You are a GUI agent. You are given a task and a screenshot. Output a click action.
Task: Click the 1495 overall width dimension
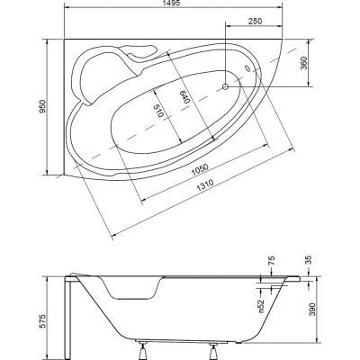[x=174, y=4]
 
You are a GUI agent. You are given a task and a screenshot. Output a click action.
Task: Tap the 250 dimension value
[x=256, y=22]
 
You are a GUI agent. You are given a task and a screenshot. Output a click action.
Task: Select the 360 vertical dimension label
[x=303, y=63]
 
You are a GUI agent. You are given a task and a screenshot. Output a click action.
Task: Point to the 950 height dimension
[x=42, y=106]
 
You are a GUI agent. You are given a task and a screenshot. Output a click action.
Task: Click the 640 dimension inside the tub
[x=184, y=97]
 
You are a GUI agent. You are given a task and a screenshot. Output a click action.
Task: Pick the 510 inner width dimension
[x=157, y=111]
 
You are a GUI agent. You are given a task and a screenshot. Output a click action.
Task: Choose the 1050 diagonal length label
[x=200, y=170]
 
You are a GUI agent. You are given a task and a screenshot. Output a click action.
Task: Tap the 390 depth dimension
[x=312, y=309]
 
